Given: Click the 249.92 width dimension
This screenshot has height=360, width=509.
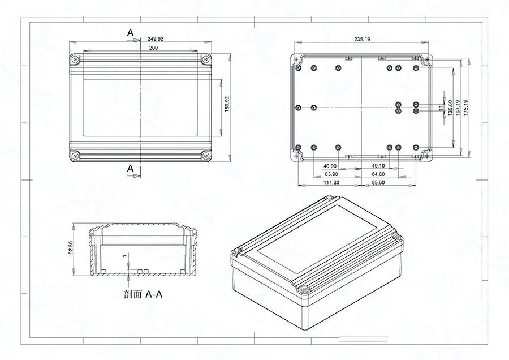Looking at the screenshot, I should click(156, 39).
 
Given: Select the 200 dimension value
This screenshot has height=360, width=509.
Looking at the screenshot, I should click(153, 49).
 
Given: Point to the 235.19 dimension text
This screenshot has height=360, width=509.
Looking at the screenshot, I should click(362, 39).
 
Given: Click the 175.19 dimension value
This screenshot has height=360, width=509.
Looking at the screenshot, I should click(465, 108).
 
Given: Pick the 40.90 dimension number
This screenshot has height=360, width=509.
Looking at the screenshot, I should click(330, 166).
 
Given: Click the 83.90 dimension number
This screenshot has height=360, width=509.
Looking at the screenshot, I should click(331, 174).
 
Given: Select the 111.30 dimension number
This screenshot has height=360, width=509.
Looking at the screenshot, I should click(331, 182).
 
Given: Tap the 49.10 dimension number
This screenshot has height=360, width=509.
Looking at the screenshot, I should click(377, 166).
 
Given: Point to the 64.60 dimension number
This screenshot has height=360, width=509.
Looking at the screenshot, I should click(377, 174).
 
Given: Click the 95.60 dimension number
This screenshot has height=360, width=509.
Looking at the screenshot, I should click(377, 182).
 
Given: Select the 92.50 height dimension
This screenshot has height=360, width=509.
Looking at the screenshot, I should click(71, 248).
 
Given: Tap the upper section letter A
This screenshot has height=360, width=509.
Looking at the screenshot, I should click(131, 33).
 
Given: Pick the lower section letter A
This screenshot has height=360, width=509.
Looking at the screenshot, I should click(131, 168).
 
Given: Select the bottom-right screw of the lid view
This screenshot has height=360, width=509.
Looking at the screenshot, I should click(205, 155).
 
